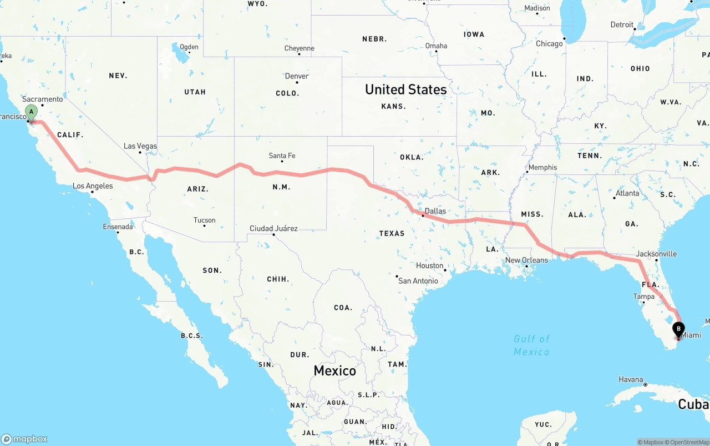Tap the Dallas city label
[435, 211]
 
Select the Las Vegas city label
[140, 146]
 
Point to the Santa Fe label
[282, 156]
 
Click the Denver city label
[297, 76]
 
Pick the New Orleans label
[526, 260]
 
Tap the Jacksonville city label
[656, 254]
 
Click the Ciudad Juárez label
[273, 228]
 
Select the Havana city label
[631, 379]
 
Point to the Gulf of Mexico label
[531, 345]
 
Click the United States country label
[405, 89]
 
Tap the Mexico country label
[334, 370]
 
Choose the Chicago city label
[549, 43]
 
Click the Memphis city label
[542, 167]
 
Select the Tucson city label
[204, 220]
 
